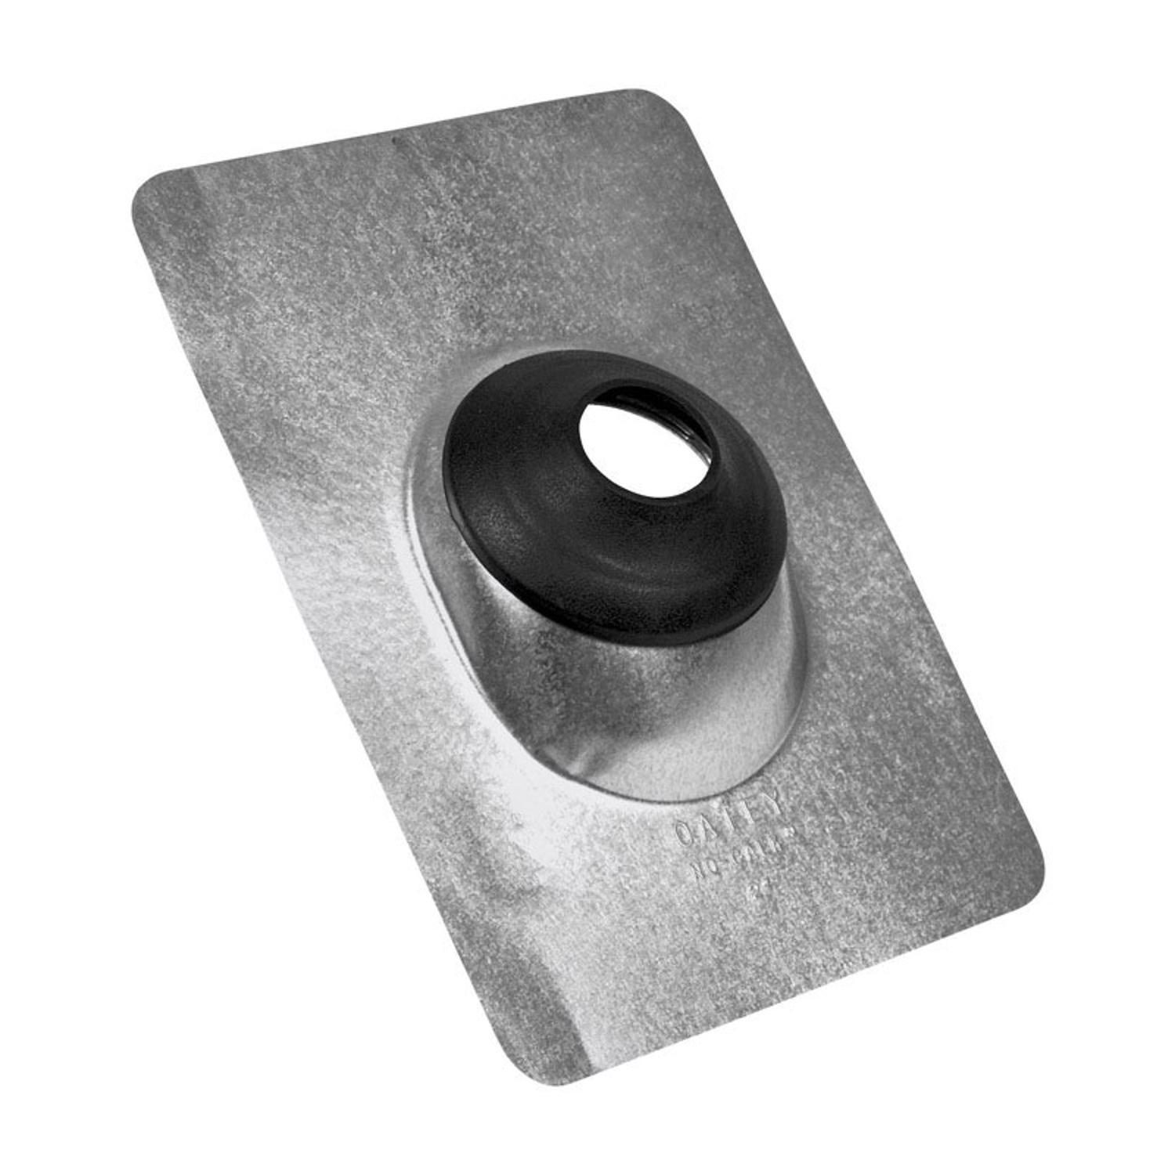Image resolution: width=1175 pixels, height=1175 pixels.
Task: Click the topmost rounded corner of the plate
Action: tap(654, 98)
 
